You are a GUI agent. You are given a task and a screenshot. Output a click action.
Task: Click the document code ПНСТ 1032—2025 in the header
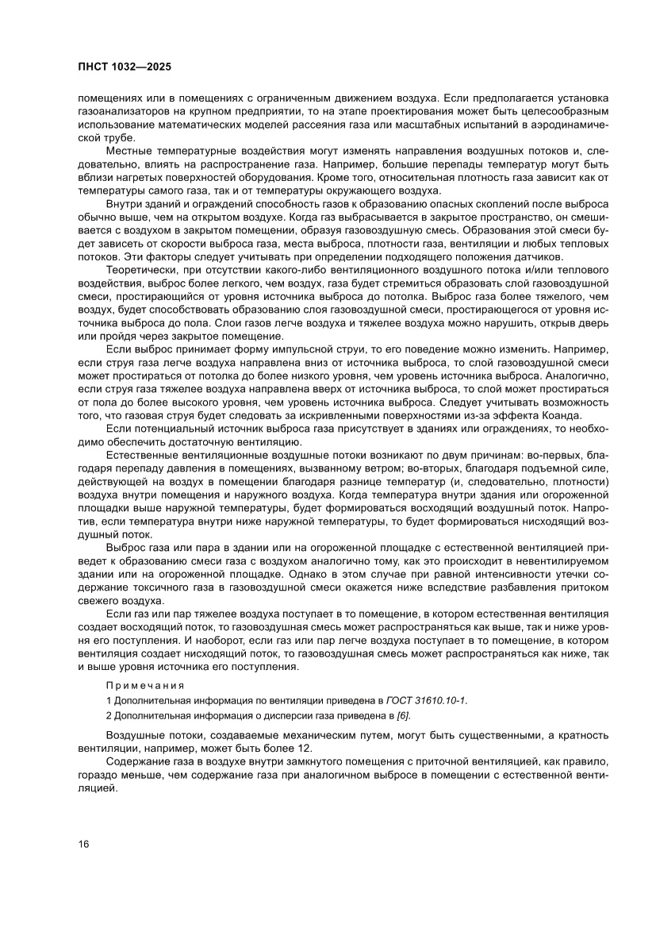pyautogui.click(x=125, y=67)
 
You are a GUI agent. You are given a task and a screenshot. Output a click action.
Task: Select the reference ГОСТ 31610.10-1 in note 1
pyautogui.click(x=426, y=701)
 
